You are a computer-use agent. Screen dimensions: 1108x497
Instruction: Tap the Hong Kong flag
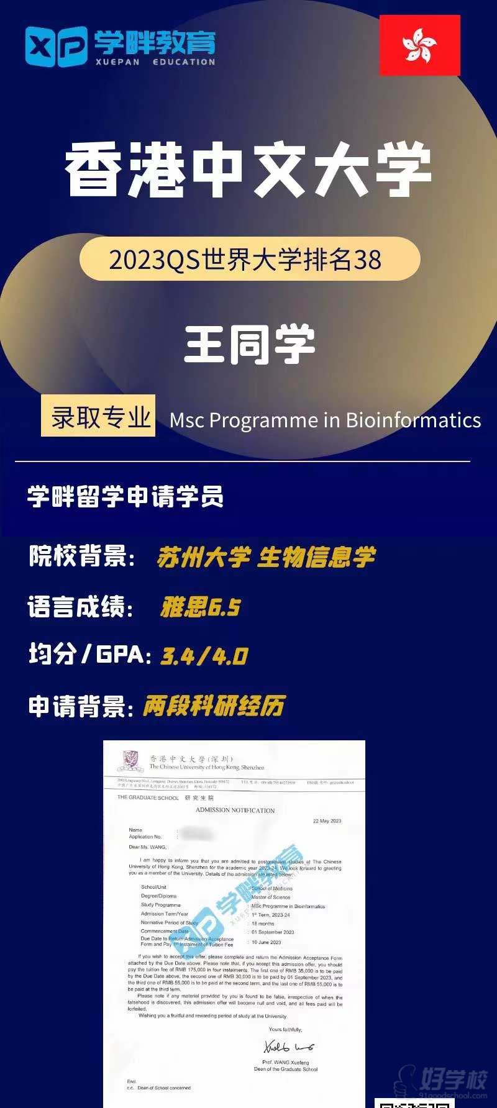pos(419,45)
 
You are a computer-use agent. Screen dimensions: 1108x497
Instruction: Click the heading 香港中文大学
pos(248,170)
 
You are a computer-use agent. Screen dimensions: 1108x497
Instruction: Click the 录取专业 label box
pos(98,416)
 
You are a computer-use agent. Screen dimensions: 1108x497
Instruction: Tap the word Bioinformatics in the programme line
pos(413,420)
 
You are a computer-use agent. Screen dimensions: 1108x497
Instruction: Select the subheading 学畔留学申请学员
pos(125,497)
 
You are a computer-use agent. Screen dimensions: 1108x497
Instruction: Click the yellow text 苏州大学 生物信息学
pos(266,558)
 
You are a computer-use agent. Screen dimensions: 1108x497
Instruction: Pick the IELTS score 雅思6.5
pos(200,607)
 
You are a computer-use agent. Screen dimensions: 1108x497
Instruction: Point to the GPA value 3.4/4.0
pos(204,656)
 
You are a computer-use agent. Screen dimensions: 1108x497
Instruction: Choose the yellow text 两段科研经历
pos(214,706)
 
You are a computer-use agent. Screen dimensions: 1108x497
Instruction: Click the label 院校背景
pos(81,556)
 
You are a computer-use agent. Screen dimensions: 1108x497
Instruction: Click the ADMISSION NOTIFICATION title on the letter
pos(235,810)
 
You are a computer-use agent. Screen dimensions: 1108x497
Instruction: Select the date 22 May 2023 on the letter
pos(327,821)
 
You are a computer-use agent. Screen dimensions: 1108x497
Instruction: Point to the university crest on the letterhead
pos(130,761)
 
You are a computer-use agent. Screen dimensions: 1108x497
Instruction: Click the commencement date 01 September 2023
pos(273,932)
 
